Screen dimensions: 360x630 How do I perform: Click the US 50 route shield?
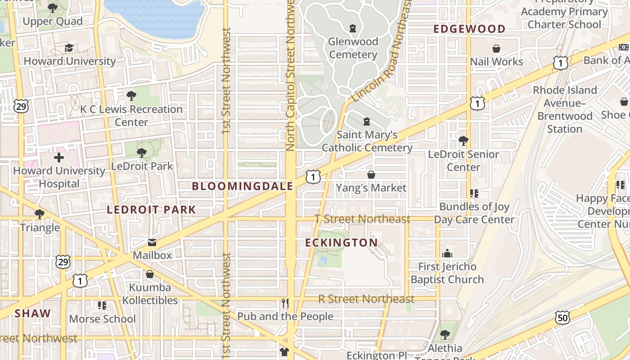point(562,317)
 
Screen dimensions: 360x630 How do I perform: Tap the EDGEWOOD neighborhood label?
point(469,29)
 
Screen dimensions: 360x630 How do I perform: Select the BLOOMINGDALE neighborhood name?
point(243,186)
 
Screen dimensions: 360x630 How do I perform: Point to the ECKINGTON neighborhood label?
point(342,243)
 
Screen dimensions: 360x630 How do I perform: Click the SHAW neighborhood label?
point(33,314)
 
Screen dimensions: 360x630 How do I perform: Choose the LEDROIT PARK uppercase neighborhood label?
point(151,210)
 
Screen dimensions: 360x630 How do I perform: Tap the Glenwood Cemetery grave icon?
point(353,28)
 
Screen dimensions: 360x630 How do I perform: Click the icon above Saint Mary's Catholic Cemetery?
point(367,121)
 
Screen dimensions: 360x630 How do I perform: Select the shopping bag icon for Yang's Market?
point(371,175)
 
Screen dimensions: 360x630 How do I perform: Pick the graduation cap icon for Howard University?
point(69,48)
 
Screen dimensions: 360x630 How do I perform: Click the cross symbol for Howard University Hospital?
point(59,157)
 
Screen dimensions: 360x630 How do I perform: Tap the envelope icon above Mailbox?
point(152,243)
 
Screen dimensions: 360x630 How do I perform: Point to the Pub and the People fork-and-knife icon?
point(285,303)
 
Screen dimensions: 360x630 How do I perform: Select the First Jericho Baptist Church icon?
point(447,254)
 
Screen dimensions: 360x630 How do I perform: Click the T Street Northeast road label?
point(362,219)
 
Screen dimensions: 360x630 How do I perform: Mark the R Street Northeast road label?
point(366,299)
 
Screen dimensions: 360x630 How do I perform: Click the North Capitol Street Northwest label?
point(290,74)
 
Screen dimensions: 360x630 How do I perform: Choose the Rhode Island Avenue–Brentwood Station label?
point(565,109)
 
